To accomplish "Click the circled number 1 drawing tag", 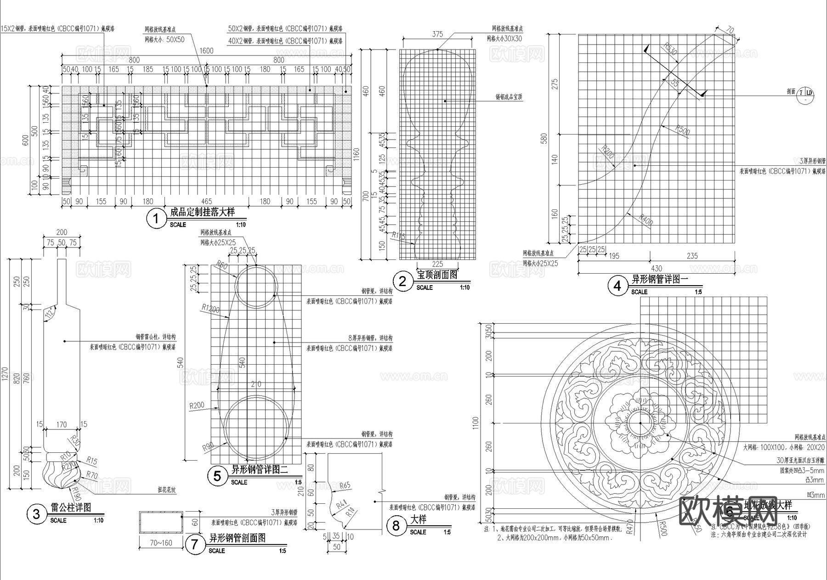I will [156, 219].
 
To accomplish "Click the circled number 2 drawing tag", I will [402, 281].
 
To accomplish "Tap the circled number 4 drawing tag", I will [617, 286].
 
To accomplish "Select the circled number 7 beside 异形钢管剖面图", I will [195, 545].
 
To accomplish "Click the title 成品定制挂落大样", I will [202, 212].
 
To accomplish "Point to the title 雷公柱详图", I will [71, 507].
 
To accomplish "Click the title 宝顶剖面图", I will [437, 275].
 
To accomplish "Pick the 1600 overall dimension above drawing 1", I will [207, 51].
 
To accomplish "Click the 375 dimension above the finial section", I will [437, 34].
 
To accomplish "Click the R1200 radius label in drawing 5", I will [210, 309].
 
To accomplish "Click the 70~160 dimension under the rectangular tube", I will [161, 543].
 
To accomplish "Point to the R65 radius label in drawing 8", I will [344, 485].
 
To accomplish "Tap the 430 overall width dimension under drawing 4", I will [656, 268].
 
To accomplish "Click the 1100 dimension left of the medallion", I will [475, 422].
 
